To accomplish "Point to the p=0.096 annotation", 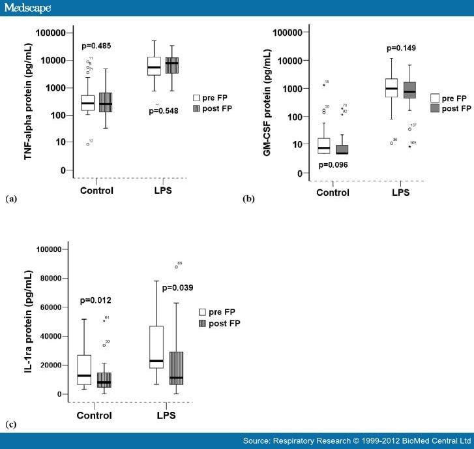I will (333, 164).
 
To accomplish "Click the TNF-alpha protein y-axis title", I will (29, 98).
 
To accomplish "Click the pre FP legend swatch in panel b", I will (435, 98).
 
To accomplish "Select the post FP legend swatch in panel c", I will (202, 324).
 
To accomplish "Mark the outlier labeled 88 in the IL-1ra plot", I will (176, 267).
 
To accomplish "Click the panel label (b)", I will (248, 200).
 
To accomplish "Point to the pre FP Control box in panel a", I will (87, 102).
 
